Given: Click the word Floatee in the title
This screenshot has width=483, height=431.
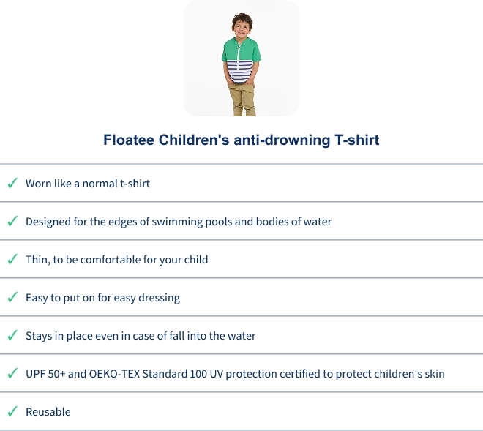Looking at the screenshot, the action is (129, 140).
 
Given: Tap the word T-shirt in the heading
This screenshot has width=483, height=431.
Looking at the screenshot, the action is (356, 140).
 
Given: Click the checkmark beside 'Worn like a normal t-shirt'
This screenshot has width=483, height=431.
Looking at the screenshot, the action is (12, 183).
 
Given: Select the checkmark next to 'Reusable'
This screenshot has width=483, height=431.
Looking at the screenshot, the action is (12, 411).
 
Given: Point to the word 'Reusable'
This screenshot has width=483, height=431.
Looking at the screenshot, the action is (48, 412).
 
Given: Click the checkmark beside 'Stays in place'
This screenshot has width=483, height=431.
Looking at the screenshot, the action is (12, 335).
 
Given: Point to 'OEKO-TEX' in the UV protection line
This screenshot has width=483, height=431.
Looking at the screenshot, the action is (114, 374).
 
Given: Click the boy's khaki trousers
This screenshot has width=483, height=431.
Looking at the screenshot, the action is (242, 100).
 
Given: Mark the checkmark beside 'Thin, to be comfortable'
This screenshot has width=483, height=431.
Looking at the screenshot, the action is (12, 259).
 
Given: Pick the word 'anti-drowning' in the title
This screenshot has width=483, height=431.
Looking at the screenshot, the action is (282, 140).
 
